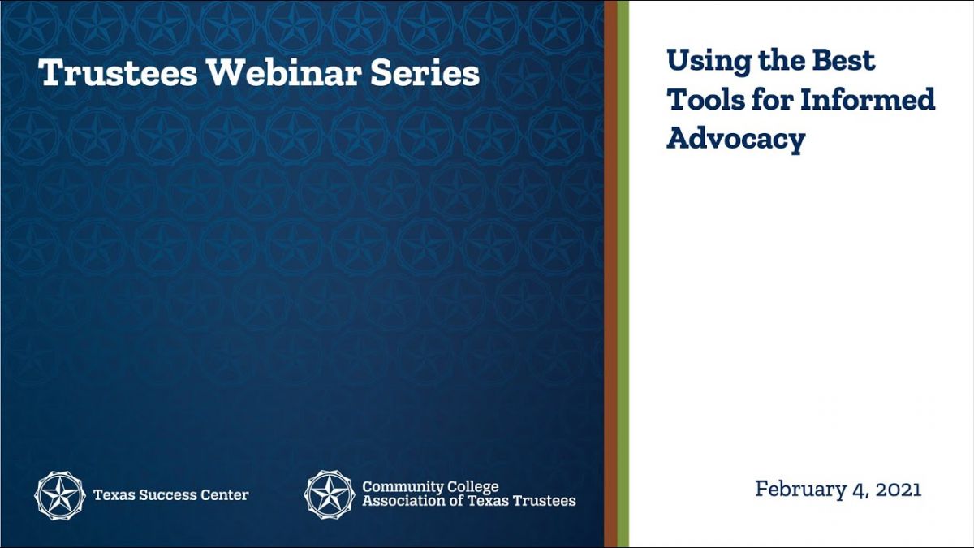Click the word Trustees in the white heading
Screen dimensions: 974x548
coord(118,72)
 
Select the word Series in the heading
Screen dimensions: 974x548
coord(425,72)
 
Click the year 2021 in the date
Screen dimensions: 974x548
coord(899,490)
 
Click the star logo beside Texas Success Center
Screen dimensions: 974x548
coord(59,495)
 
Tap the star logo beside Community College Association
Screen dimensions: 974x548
coord(330,494)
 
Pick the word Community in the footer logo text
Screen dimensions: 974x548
coord(401,487)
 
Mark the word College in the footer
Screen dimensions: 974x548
coord(472,487)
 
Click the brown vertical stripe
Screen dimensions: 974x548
coord(610,274)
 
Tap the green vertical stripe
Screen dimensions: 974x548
coord(623,274)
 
